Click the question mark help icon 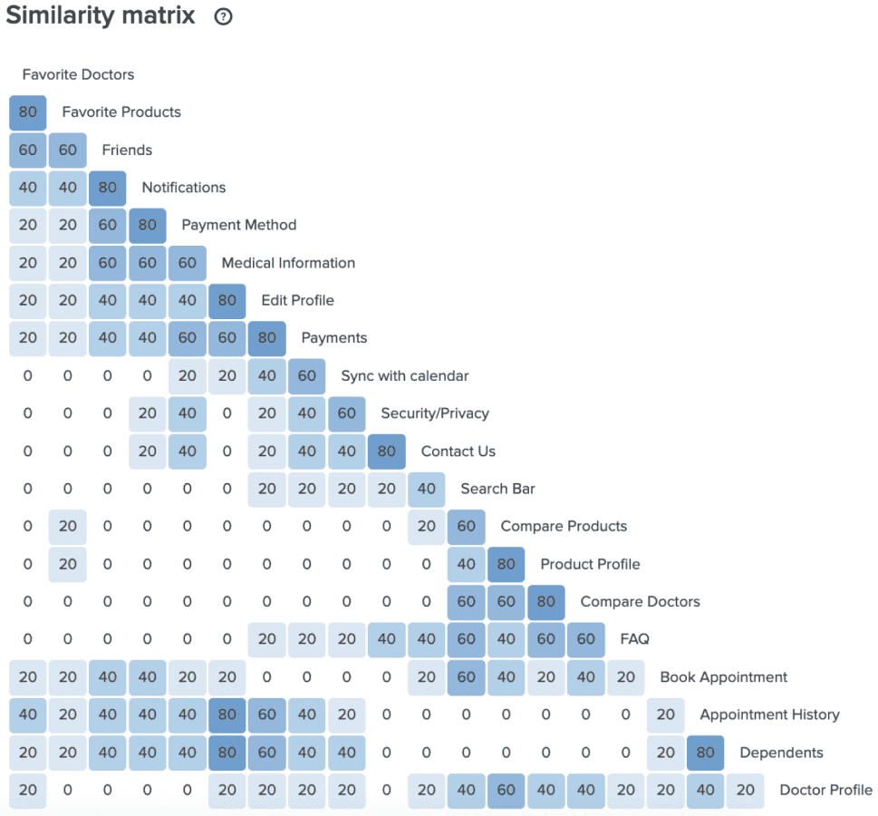tap(223, 17)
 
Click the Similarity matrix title tap(101, 15)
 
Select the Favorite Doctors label tap(79, 74)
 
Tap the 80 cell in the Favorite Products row tap(28, 112)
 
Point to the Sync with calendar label tap(405, 375)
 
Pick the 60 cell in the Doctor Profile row tap(507, 790)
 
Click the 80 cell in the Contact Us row tap(386, 452)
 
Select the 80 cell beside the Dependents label tap(706, 753)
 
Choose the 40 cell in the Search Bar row tap(426, 489)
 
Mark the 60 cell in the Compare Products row tap(467, 526)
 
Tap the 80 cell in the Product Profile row tap(507, 564)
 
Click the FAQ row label tap(634, 639)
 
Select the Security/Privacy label tap(435, 413)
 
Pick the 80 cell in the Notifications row tap(108, 187)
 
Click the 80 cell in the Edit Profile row tap(227, 300)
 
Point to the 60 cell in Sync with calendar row tap(307, 375)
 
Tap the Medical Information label tap(288, 263)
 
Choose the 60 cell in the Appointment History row tap(267, 714)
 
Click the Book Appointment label tap(723, 677)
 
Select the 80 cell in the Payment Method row tap(148, 225)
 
